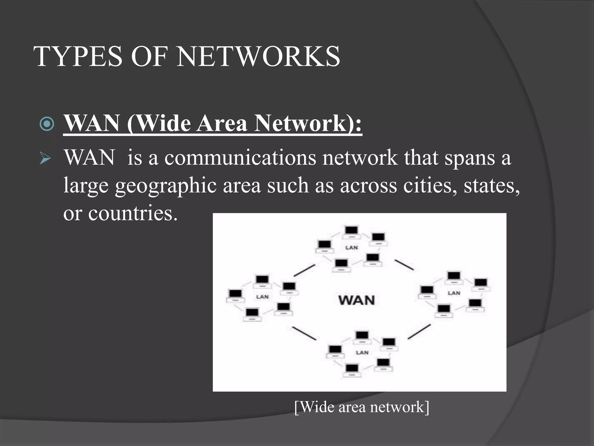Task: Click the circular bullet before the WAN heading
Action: [47, 124]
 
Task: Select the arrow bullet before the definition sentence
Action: [45, 159]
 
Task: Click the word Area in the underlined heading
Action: [222, 123]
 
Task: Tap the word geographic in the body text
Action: [166, 186]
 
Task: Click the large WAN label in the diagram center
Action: [356, 300]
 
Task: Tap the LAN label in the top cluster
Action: [352, 248]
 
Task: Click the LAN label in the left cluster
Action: [262, 297]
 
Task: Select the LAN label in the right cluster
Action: [454, 293]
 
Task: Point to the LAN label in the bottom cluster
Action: [362, 353]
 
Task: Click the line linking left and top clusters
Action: [304, 270]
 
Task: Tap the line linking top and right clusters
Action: [404, 265]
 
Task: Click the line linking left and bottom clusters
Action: [304, 333]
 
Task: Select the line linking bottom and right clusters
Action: [419, 332]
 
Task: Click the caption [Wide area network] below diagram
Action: [362, 407]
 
